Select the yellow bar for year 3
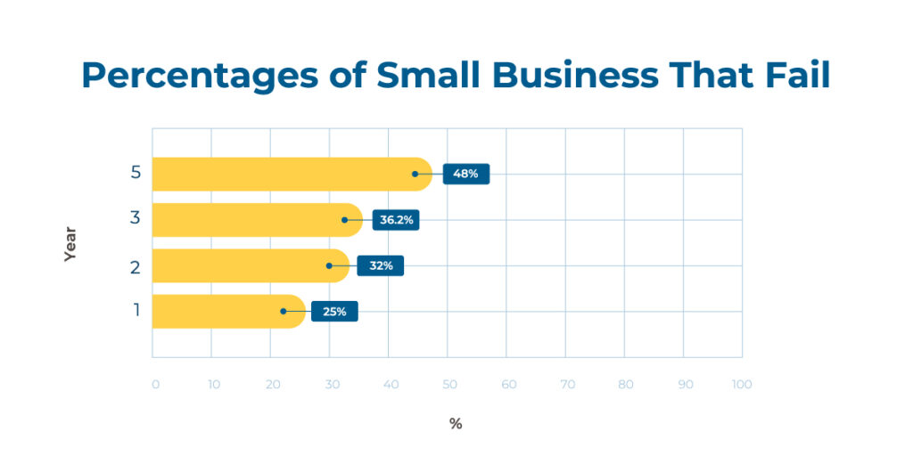point(250,220)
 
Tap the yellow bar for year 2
point(241,265)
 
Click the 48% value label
point(465,174)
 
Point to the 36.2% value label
point(396,220)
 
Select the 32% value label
point(380,265)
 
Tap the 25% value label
point(334,312)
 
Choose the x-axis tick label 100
point(742,385)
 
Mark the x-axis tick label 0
point(155,385)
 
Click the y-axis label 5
point(136,173)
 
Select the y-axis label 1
point(136,311)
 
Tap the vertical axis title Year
point(70,243)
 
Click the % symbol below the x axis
point(456,424)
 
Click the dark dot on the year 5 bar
point(415,174)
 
